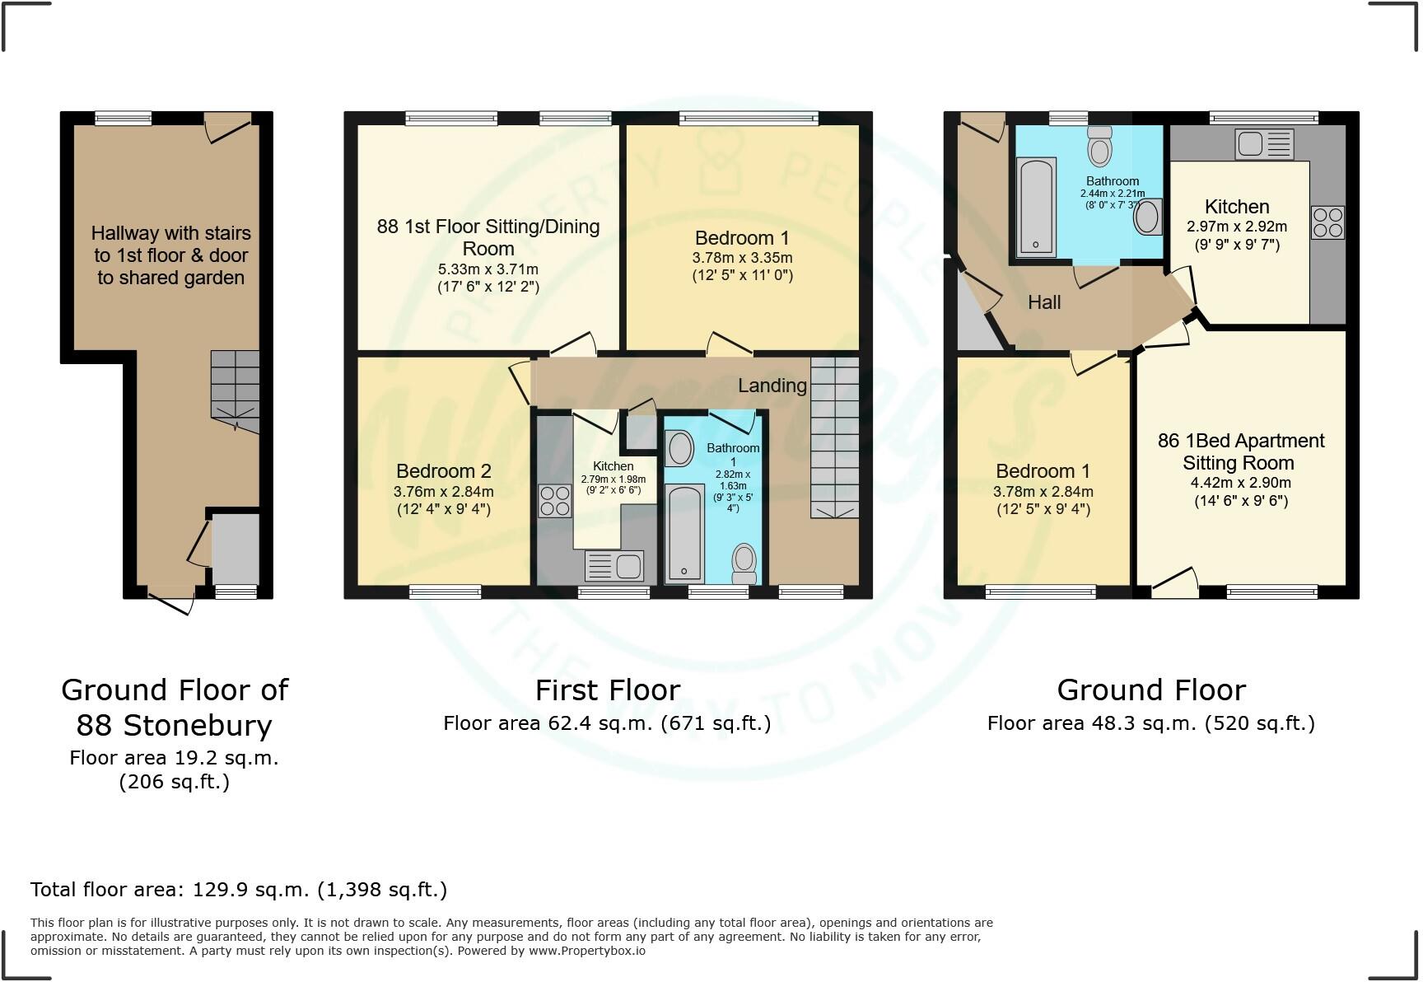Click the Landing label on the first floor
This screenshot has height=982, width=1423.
tap(772, 386)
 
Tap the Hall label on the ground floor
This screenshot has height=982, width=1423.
tap(1043, 302)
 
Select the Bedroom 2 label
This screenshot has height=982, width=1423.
tap(443, 471)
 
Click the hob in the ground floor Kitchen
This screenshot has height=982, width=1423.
tap(1327, 222)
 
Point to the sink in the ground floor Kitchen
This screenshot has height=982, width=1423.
tap(1263, 144)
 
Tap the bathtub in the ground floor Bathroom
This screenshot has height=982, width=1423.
tap(1036, 206)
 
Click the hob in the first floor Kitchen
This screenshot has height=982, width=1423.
tap(554, 500)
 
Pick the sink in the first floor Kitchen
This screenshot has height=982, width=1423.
tap(614, 567)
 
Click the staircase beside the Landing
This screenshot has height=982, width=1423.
tap(834, 437)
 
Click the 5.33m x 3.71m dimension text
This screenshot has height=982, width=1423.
tap(488, 269)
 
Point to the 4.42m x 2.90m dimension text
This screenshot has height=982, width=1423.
tap(1240, 483)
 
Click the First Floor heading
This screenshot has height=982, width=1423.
tap(608, 690)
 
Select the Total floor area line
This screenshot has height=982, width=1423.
tap(239, 890)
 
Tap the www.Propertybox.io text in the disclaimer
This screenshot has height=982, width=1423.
tap(586, 951)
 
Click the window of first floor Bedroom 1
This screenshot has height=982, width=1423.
tap(749, 119)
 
